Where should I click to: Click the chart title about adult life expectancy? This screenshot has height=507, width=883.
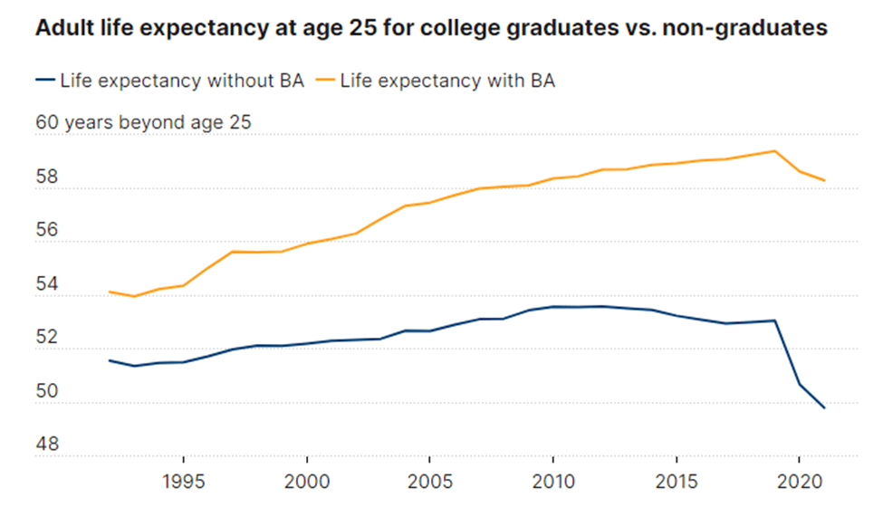click(431, 29)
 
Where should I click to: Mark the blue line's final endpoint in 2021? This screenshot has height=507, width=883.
click(824, 408)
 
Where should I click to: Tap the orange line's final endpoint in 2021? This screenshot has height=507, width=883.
click(824, 180)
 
